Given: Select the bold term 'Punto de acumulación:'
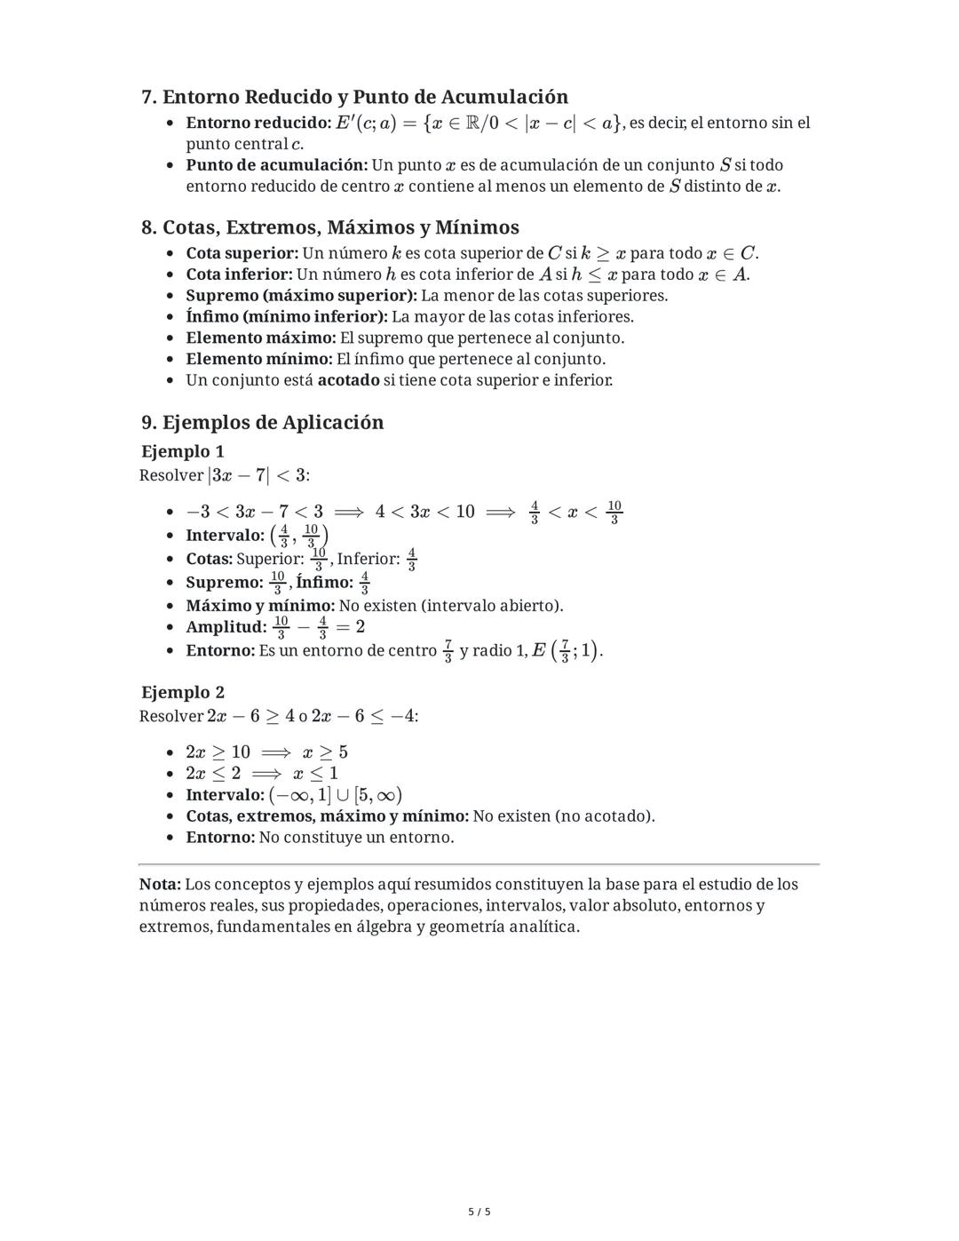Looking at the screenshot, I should pos(276,165).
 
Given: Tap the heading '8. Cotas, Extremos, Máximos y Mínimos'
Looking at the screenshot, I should pos(329,227).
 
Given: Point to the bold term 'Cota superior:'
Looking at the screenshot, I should pos(242,253).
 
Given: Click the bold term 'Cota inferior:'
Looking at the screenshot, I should pos(239,274).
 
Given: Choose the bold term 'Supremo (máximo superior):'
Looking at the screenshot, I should pos(301,296).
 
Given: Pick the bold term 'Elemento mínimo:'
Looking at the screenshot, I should pos(258,359).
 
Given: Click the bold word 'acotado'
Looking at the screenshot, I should pos(348,380).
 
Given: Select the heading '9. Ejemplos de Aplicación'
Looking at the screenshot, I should pos(262,422).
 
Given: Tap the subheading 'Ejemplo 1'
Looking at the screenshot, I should pos(183,451).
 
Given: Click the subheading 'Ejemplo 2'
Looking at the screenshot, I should pos(183,692).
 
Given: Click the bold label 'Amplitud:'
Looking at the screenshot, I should pos(226,627).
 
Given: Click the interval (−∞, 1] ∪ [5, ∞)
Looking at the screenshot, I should pos(335,795).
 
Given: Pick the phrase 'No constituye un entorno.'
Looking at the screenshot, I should pos(356,838).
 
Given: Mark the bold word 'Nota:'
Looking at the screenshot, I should pos(160,885).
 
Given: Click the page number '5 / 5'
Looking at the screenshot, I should pos(479,1212).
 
